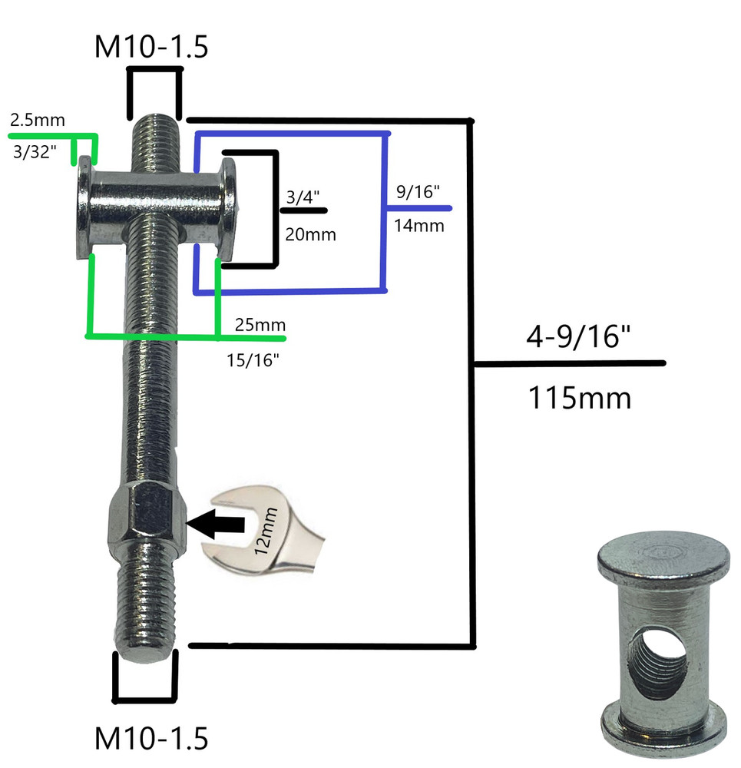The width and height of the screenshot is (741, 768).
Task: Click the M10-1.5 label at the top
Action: pyautogui.click(x=151, y=47)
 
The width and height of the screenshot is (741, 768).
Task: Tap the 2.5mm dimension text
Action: pyautogui.click(x=38, y=121)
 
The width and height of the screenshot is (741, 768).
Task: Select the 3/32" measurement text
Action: pyautogui.click(x=35, y=152)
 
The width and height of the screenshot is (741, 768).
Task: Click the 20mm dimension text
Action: pyautogui.click(x=311, y=233)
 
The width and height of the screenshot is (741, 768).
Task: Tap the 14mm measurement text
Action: pyautogui.click(x=419, y=226)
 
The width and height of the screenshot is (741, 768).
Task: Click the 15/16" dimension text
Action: pyautogui.click(x=253, y=359)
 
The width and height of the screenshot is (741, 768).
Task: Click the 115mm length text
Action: pyautogui.click(x=579, y=398)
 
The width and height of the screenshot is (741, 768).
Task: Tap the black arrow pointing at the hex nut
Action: pyautogui.click(x=217, y=525)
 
